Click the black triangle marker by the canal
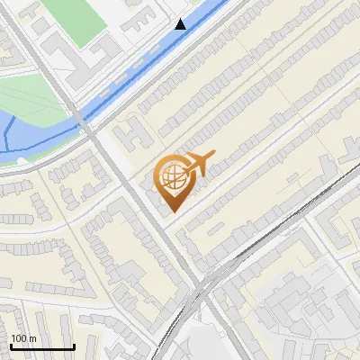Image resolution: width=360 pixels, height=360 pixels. point(181,24)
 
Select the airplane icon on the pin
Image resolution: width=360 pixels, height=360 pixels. point(199,164)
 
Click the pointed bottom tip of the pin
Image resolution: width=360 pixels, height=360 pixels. point(172,211)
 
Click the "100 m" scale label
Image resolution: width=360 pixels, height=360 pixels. point(23,337)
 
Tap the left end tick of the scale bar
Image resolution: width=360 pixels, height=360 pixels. point(11,345)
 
